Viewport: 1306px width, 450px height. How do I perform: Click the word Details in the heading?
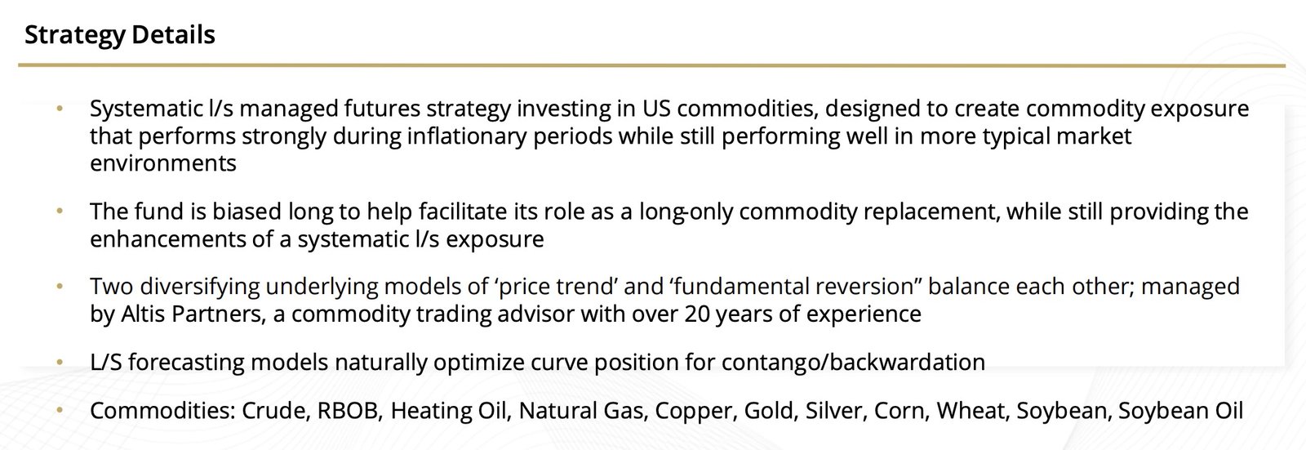[173, 35]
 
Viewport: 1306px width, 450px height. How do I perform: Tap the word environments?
[163, 163]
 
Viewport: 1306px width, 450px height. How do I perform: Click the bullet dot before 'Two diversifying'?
[60, 286]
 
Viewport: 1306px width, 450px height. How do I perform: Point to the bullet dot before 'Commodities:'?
[60, 410]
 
